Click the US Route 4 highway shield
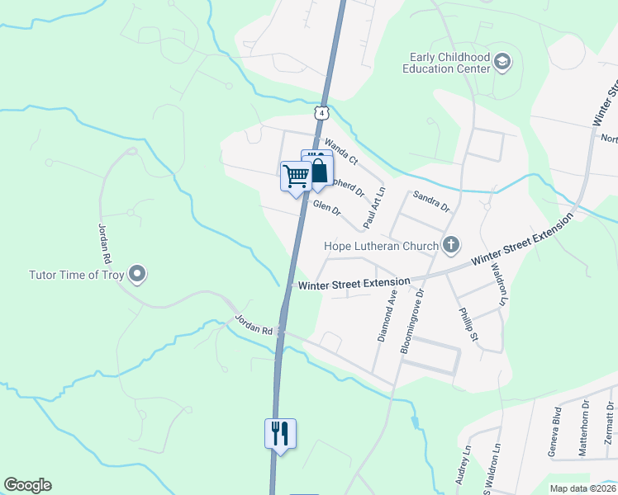pyautogui.click(x=321, y=111)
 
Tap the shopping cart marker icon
pyautogui.click(x=295, y=176)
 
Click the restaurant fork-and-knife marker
pyautogui.click(x=279, y=432)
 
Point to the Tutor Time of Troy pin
pyautogui.click(x=138, y=274)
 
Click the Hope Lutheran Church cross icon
pyautogui.click(x=450, y=244)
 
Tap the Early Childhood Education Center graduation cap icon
pyautogui.click(x=502, y=62)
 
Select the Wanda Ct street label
pyautogui.click(x=340, y=151)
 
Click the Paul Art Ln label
pyautogui.click(x=374, y=207)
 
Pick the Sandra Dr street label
pyautogui.click(x=431, y=202)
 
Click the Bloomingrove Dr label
pyautogui.click(x=411, y=322)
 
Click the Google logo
pyautogui.click(x=27, y=485)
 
